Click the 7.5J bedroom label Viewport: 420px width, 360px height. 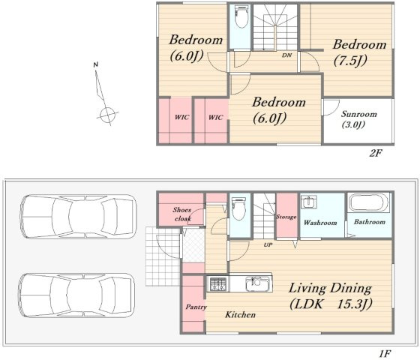[x=359, y=52]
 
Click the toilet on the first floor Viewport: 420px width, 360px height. [x=238, y=208]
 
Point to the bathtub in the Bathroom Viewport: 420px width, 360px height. [x=368, y=202]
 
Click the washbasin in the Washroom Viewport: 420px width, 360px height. [x=309, y=202]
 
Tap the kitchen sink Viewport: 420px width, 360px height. [x=257, y=283]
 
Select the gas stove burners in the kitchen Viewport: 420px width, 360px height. [x=218, y=284]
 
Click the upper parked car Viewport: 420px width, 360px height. [x=78, y=217]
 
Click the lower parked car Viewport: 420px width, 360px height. [x=76, y=295]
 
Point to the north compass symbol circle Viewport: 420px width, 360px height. [x=107, y=115]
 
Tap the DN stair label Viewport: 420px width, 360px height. [x=286, y=55]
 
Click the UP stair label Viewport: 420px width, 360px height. [x=268, y=244]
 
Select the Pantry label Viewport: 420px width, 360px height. [x=196, y=307]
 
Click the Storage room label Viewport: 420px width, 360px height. [x=286, y=217]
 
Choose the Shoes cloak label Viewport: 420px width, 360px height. [x=181, y=214]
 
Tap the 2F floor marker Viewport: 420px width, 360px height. [x=375, y=153]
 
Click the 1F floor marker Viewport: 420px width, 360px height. [x=385, y=353]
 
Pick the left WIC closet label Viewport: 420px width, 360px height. [x=181, y=117]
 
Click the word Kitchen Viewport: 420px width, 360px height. [x=240, y=314]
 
